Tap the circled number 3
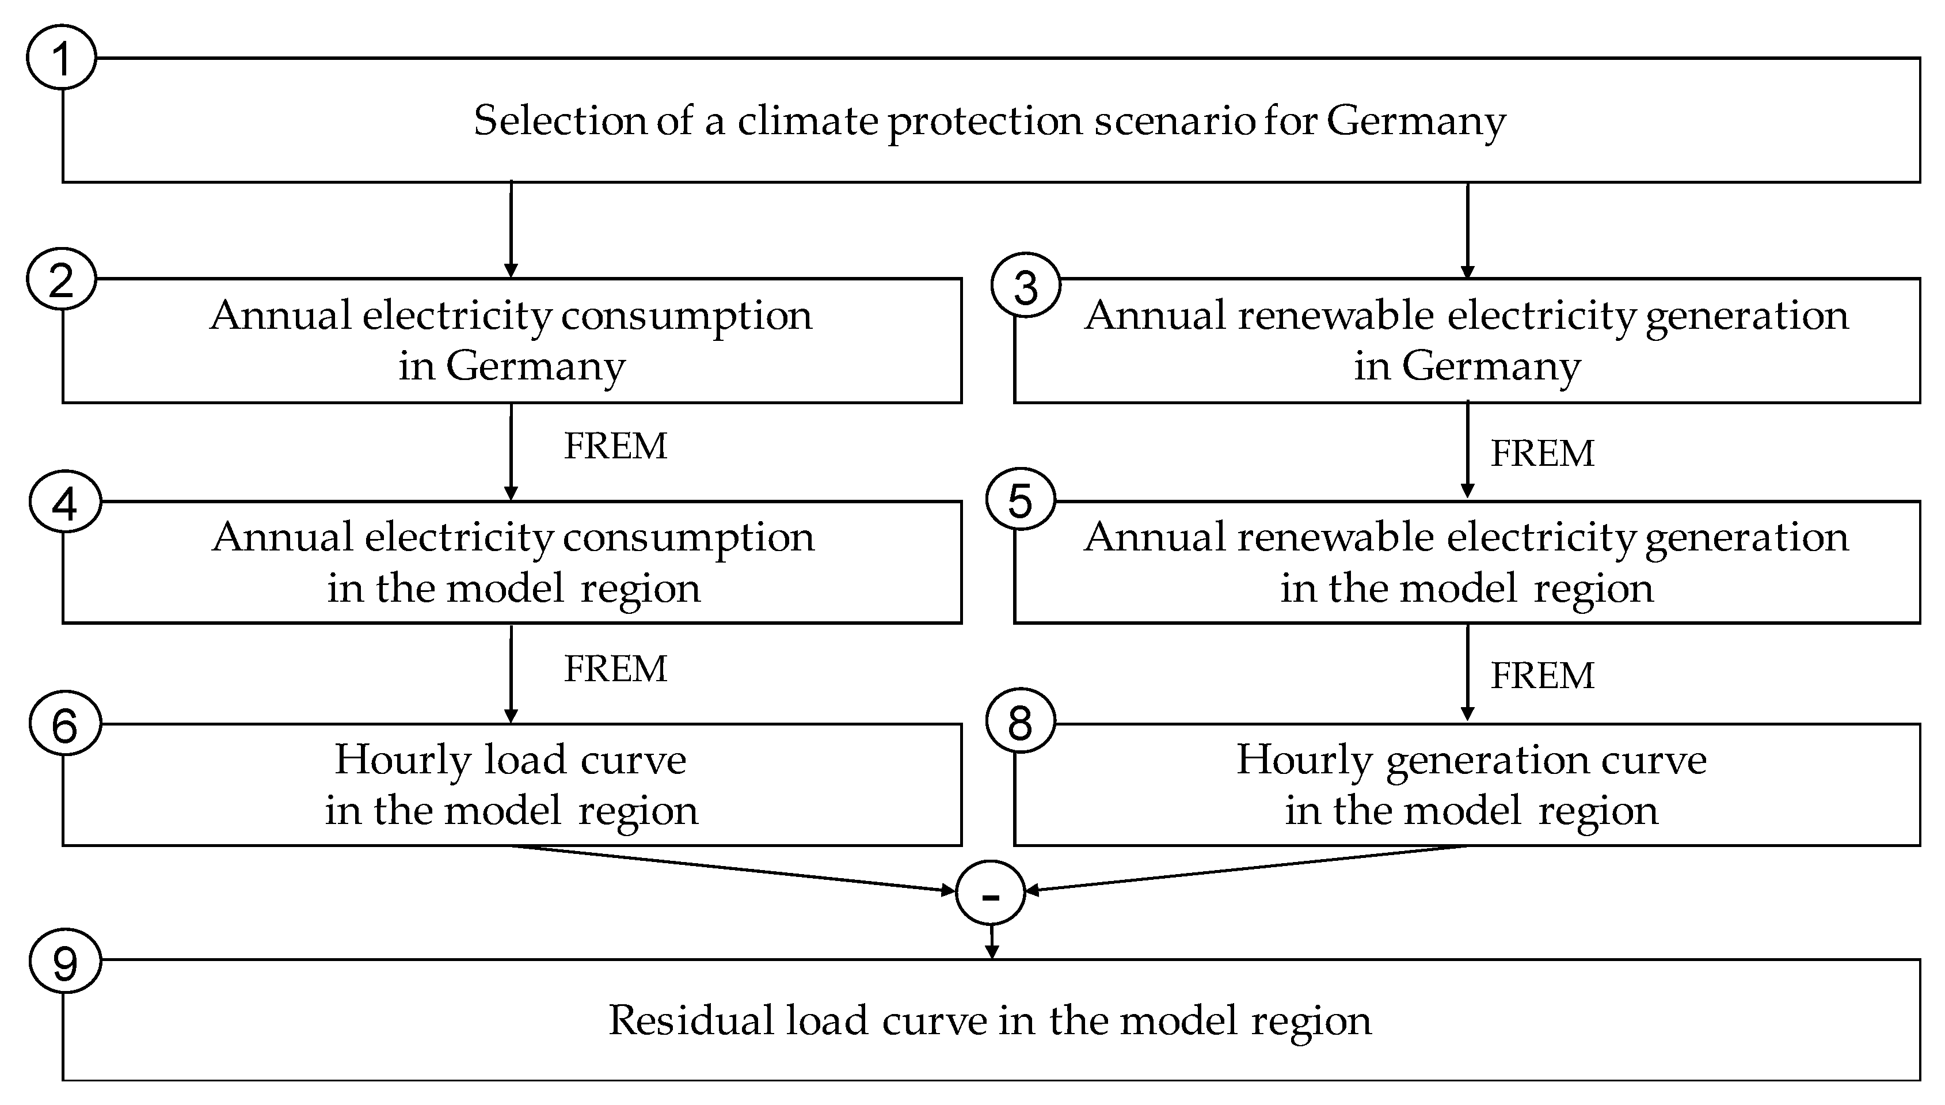point(1026,286)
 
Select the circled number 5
point(1021,501)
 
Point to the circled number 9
point(65,962)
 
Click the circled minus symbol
point(991,893)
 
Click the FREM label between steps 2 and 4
point(615,446)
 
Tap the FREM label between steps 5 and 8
point(1542,675)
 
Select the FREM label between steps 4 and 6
point(615,669)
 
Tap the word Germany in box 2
point(535,367)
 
